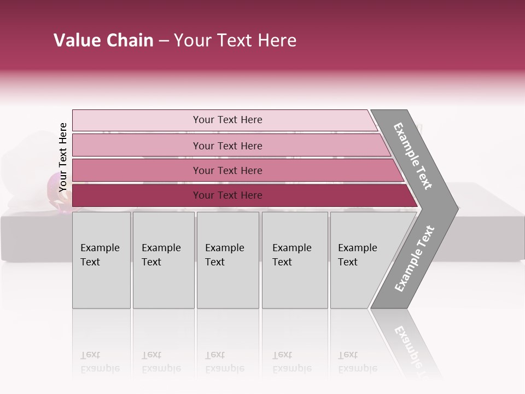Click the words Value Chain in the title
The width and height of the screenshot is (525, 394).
(x=103, y=40)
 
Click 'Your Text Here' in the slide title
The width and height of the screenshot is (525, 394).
(x=235, y=40)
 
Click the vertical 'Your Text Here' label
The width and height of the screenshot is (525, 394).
(x=63, y=157)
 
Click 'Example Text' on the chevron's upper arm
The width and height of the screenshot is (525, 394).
(x=413, y=156)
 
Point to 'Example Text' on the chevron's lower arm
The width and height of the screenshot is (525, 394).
(x=415, y=259)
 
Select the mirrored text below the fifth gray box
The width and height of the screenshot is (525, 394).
(x=357, y=362)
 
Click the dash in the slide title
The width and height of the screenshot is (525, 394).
(x=164, y=41)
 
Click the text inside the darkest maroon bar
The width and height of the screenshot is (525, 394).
(x=227, y=195)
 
